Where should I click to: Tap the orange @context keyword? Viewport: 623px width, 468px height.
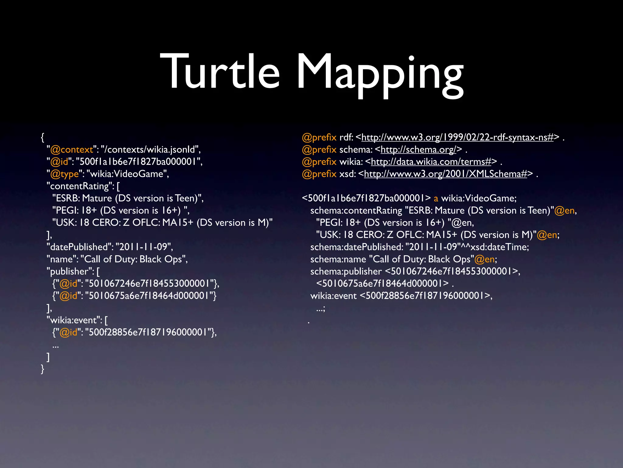tap(71, 150)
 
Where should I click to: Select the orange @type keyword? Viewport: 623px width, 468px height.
tap(64, 174)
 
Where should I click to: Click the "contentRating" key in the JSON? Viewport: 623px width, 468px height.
tap(80, 186)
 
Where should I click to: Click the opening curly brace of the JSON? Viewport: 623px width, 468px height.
tap(43, 137)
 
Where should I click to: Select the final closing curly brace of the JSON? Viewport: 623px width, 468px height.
tap(43, 369)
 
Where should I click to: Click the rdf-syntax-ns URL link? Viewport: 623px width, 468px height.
tap(457, 137)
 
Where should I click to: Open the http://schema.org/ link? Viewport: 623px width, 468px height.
tap(418, 150)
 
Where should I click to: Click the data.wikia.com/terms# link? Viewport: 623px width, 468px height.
tap(431, 162)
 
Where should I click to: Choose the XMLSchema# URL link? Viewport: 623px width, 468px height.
tap(445, 174)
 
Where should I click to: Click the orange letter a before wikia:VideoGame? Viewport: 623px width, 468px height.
tap(436, 199)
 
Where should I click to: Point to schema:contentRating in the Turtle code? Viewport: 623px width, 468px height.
tap(356, 211)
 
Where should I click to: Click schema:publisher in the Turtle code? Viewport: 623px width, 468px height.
tap(346, 271)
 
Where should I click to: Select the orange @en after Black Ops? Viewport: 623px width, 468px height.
tap(484, 259)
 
